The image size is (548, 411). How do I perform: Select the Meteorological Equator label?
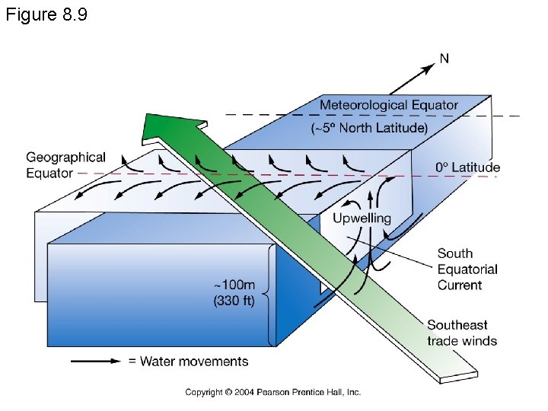coord(389,105)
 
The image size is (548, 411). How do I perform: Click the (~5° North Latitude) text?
coord(369,127)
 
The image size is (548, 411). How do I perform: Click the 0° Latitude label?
coord(467,167)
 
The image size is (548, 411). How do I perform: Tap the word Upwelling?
coord(362,218)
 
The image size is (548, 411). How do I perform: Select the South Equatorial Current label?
coord(467,269)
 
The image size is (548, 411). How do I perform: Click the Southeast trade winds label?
coord(462,333)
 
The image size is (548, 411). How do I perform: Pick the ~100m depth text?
coord(237,284)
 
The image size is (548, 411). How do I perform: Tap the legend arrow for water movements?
coord(95,361)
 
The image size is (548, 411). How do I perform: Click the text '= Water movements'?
coord(188,361)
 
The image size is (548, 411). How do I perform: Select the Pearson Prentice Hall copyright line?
coord(273,392)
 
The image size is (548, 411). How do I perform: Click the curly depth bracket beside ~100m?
coord(270,293)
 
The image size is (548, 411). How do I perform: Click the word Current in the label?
coord(460,285)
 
